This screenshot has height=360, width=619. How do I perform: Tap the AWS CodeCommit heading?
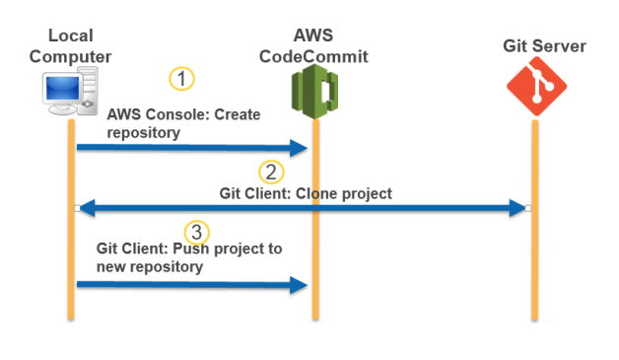tap(312, 46)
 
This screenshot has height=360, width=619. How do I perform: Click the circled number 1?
tap(181, 78)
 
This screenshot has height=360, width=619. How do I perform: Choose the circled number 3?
tap(198, 232)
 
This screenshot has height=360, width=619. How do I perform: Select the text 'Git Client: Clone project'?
tap(306, 192)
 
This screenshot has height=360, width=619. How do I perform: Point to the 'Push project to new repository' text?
tap(189, 257)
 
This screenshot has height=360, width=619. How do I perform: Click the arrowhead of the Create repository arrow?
tap(300, 148)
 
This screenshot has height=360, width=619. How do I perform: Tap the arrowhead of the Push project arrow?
tap(300, 286)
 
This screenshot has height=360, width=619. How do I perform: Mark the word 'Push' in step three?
tap(184, 249)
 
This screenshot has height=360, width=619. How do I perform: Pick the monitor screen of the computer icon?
tap(61, 92)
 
